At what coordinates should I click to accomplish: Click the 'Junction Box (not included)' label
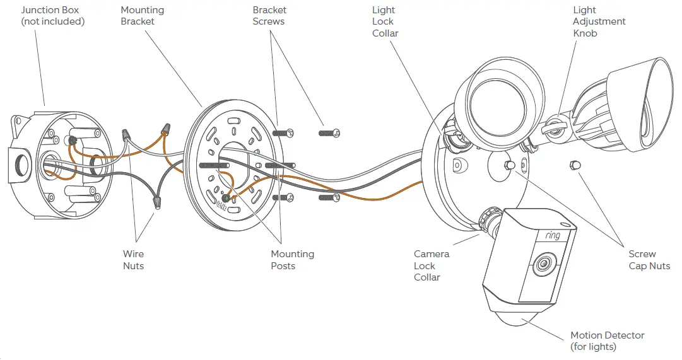click(x=53, y=16)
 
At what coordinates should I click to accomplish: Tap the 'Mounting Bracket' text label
click(x=142, y=16)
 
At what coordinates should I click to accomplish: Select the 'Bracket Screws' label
click(x=269, y=16)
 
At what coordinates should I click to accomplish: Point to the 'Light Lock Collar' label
click(x=385, y=21)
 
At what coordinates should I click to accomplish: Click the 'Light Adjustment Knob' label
click(x=599, y=21)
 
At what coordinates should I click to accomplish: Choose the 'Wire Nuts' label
click(x=133, y=260)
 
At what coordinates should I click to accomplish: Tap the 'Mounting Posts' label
click(x=292, y=260)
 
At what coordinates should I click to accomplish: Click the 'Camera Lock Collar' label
click(x=432, y=265)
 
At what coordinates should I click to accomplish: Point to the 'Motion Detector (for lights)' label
click(x=607, y=341)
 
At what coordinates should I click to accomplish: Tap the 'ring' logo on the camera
click(x=552, y=235)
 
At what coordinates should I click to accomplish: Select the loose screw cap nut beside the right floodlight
click(x=574, y=165)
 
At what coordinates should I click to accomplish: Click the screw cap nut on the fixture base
click(x=508, y=165)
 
